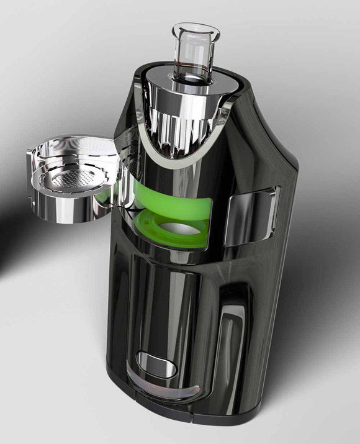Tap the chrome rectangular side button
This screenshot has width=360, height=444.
click(x=251, y=214)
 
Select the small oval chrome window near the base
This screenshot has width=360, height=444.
click(x=155, y=365)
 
